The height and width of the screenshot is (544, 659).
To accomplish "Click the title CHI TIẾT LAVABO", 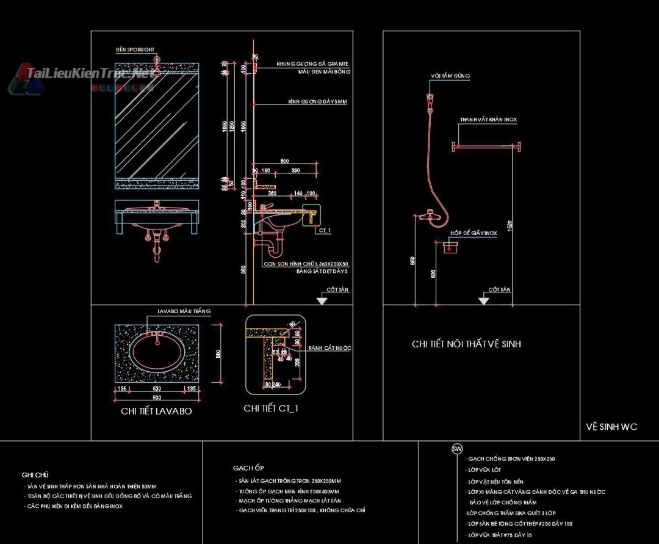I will point(156,412).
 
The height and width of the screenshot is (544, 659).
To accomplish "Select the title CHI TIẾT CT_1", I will point(271,408).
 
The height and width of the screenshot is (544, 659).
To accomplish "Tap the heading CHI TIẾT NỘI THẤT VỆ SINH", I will point(466,344).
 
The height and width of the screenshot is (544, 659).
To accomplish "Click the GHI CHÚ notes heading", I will point(35,474).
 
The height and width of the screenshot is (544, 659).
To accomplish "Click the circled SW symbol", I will point(457,449).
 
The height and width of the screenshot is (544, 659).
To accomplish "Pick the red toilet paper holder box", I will point(450,247).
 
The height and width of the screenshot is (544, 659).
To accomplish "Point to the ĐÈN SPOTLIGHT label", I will point(135,49).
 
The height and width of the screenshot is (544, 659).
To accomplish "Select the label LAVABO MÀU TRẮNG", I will point(184,311).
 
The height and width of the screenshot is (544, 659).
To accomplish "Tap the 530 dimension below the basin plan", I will point(157,388).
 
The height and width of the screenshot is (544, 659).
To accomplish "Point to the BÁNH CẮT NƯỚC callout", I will point(329,348).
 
